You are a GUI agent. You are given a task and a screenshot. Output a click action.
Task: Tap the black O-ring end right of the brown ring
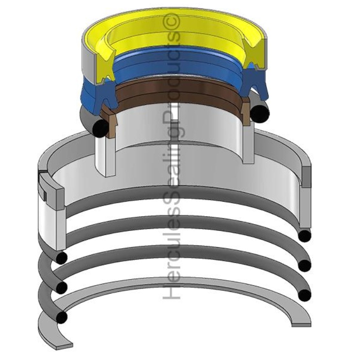point(260,113)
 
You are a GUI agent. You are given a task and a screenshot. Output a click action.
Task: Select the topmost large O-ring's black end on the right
point(304,236)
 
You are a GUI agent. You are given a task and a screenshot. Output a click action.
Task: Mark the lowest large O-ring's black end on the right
point(304,295)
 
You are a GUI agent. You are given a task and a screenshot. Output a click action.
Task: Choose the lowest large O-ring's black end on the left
point(61,317)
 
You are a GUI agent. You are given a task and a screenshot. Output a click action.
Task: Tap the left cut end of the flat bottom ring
point(64,345)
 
